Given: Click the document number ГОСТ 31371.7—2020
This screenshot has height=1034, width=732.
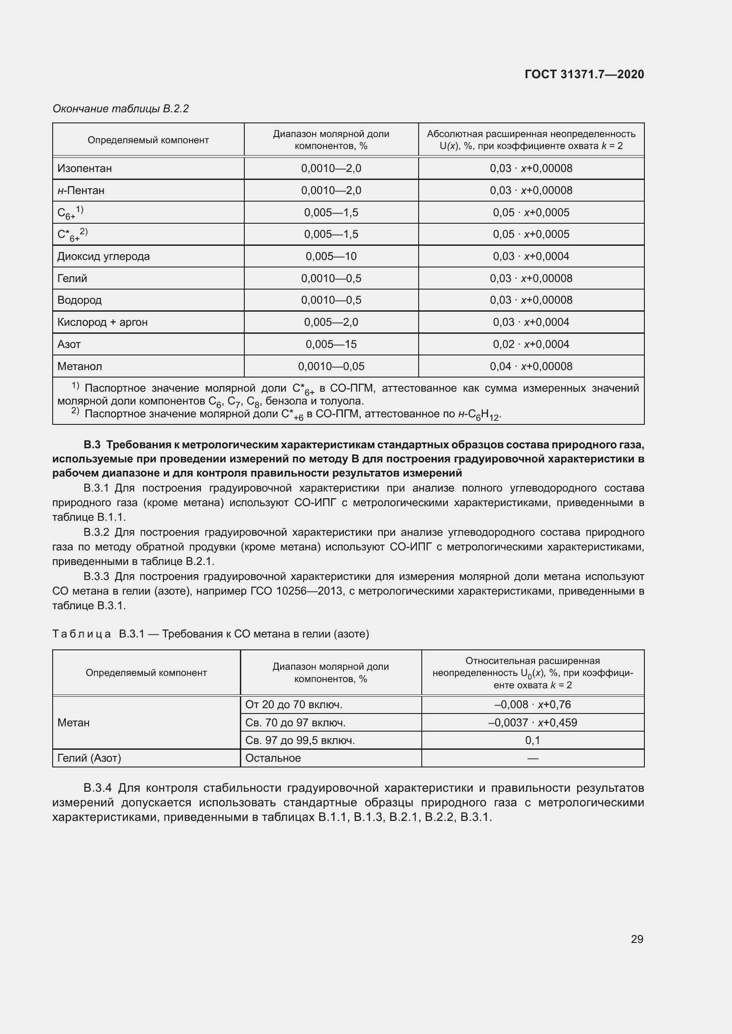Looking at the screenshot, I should click(584, 74).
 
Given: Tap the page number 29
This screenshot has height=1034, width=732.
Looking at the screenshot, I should click(637, 939).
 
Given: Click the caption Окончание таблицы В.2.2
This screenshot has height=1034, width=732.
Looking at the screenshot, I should click(120, 109).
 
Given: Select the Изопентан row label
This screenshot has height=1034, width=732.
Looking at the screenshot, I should click(85, 168).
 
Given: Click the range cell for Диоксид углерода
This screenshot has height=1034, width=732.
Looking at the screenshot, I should click(331, 256).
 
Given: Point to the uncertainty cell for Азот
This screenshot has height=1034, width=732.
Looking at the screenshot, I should click(531, 344).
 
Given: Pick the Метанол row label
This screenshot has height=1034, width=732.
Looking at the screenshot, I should click(80, 366).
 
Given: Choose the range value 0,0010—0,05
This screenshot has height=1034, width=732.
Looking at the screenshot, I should click(331, 366).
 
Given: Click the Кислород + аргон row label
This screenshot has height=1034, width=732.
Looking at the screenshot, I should click(102, 322).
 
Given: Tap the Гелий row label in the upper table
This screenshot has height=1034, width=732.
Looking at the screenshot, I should click(72, 279).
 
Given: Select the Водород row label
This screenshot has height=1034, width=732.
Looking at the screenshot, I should click(79, 300).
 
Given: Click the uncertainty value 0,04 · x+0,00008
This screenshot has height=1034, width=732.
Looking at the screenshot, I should click(531, 366).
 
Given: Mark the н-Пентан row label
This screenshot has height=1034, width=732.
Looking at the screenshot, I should click(81, 191).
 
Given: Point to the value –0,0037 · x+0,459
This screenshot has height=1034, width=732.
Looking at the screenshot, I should click(532, 722).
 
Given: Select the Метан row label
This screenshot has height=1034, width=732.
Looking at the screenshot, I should click(73, 722).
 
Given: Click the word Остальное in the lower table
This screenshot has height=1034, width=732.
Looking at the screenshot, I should click(273, 758).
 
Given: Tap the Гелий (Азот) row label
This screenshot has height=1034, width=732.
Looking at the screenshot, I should click(89, 758).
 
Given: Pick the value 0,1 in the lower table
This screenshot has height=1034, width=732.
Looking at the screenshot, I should click(532, 740).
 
